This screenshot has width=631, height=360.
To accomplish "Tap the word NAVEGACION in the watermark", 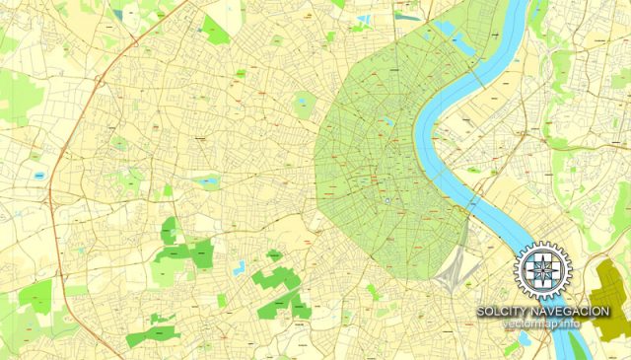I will (570, 312).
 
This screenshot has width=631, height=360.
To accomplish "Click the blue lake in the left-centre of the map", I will (207, 181).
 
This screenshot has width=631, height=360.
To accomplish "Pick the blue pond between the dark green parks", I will (239, 266).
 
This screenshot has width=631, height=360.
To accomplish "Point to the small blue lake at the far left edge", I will (39, 175).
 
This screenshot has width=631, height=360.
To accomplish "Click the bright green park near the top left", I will (215, 29).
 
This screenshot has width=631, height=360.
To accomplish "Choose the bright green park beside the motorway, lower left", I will (35, 294).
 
